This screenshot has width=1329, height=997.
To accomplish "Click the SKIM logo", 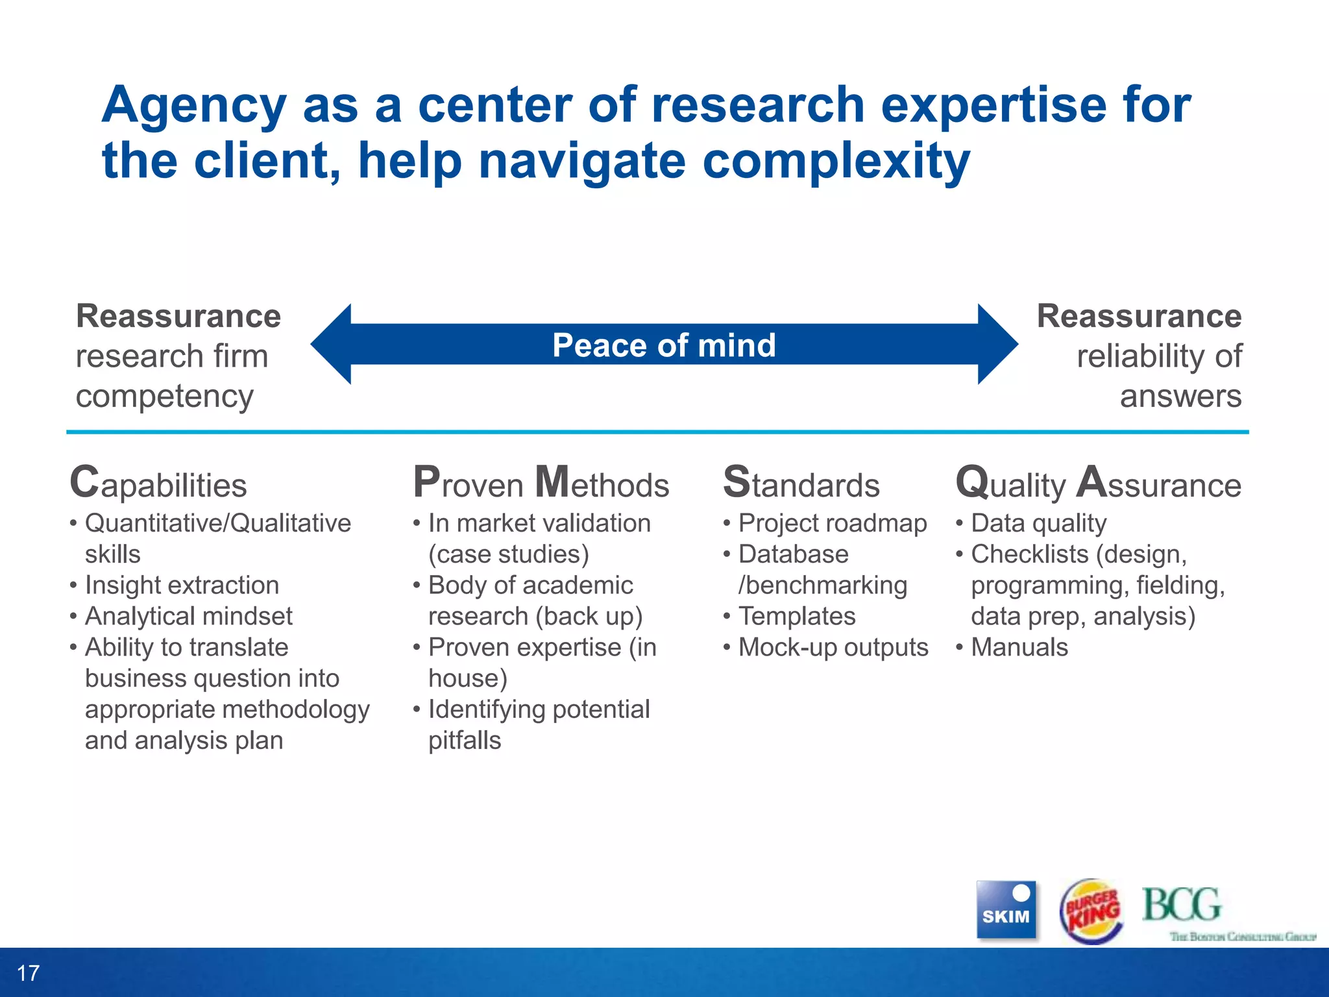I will pos(1006,909).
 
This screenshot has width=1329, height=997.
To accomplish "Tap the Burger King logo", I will pos(1091,911).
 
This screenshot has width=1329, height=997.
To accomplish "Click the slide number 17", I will pos(28,973).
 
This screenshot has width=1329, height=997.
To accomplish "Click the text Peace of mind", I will pos(664,345).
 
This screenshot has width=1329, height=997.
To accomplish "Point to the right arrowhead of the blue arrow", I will pos(997,344).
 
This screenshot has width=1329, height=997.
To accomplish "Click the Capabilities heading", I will pos(158,484).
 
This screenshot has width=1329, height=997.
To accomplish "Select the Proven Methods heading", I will pos(541,484).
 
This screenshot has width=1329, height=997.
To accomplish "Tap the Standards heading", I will pos(801,484).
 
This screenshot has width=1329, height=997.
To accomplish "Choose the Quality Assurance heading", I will pos(1098,484).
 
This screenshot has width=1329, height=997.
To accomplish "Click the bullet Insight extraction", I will pos(182,585).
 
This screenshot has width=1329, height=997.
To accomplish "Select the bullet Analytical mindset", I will pos(188,616).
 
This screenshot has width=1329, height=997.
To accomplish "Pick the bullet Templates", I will pos(796,616).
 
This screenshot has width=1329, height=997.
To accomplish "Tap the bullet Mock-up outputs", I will pos(833,647).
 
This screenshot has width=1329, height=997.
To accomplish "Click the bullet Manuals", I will pos(1019,647).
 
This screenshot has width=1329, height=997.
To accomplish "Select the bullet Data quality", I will pos(1038,523).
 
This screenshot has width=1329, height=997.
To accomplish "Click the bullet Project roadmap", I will pos(832,523).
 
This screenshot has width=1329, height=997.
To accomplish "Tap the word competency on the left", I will pos(164,396).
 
